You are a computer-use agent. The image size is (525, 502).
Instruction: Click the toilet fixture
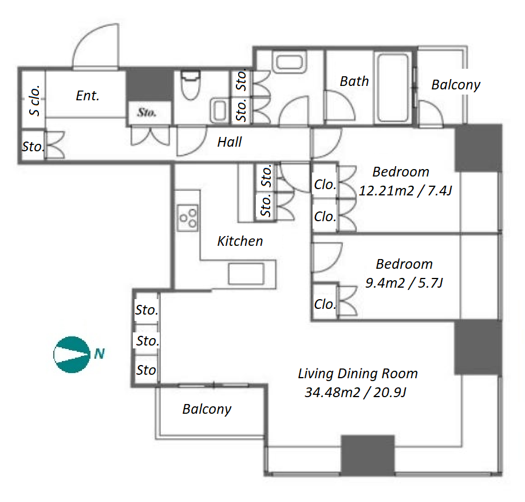(x=191, y=85)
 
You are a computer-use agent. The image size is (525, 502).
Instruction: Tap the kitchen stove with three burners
(x=188, y=218)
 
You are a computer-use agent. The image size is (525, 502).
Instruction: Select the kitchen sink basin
(x=246, y=274)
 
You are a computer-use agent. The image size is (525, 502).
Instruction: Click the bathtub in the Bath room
(x=393, y=88)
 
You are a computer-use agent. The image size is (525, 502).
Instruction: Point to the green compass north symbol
(x=72, y=355)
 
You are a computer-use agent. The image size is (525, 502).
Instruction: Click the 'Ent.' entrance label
(x=88, y=96)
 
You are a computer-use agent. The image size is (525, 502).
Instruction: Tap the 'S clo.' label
(x=34, y=100)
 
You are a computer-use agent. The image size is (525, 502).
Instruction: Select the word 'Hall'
(x=230, y=142)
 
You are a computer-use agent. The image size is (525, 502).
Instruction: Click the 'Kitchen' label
(x=240, y=241)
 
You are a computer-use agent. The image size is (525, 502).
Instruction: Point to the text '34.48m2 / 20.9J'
(x=356, y=393)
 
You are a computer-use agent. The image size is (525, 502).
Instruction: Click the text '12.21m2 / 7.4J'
(x=405, y=191)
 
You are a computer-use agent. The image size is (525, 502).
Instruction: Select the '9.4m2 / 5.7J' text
(x=404, y=283)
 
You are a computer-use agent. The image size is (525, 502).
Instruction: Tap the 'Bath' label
(x=354, y=81)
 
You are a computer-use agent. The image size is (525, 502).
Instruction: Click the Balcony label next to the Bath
(x=456, y=85)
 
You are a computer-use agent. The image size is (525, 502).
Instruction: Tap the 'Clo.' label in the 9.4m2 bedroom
(x=325, y=304)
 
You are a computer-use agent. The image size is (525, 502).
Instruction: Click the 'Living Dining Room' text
(x=358, y=374)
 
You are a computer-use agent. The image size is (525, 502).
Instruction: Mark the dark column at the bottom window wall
(x=368, y=455)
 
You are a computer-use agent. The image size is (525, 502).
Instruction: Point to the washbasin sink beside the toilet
(x=219, y=111)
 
